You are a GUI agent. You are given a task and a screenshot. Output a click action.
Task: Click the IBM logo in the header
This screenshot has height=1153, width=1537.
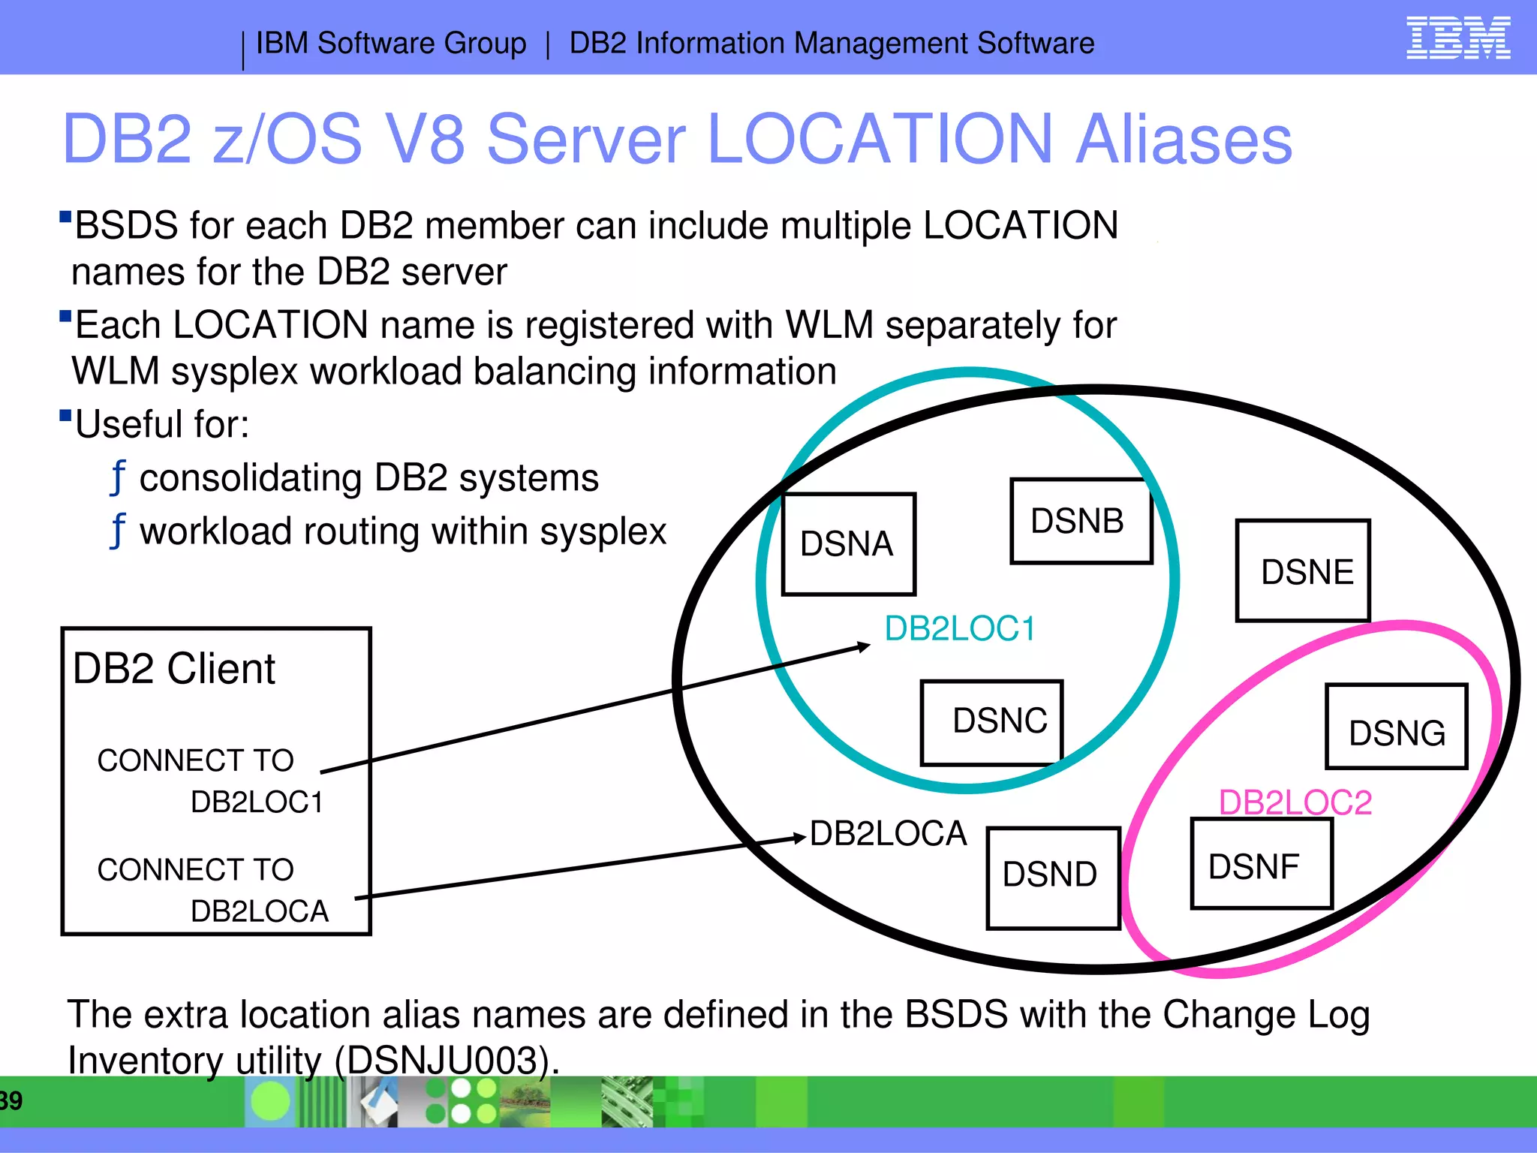click(1457, 38)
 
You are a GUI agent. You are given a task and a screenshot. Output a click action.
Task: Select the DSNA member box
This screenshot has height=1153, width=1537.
click(849, 544)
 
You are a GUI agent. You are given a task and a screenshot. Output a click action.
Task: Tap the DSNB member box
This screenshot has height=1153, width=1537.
click(1081, 521)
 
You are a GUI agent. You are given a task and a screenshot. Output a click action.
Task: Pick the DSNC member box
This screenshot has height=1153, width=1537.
click(991, 722)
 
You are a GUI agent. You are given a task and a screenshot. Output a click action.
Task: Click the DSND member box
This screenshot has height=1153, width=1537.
click(1053, 878)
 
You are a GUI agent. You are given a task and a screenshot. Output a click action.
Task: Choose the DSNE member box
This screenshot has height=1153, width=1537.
click(1303, 571)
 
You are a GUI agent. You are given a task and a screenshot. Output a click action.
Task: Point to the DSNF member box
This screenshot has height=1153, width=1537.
click(1262, 865)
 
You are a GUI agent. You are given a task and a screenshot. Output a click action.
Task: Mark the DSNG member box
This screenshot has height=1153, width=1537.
click(1396, 727)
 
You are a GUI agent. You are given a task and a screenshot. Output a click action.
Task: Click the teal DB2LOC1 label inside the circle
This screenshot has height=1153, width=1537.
click(960, 629)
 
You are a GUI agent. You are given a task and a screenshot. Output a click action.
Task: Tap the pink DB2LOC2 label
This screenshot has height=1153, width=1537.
click(1295, 802)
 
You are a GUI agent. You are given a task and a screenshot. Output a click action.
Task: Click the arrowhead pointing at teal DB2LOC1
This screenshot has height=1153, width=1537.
click(865, 646)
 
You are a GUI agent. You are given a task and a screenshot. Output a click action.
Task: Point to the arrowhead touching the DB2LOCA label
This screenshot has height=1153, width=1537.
click(801, 838)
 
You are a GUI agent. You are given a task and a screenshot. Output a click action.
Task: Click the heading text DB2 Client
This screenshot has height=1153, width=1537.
click(174, 669)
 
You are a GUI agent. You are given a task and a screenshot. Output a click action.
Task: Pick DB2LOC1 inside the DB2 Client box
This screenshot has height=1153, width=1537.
click(257, 802)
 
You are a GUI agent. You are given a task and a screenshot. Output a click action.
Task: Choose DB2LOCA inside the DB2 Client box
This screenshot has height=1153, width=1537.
click(260, 911)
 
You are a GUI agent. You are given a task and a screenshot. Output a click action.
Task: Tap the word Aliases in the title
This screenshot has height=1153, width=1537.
click(1184, 140)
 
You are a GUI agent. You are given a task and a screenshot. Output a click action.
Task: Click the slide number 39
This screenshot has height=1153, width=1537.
click(11, 1101)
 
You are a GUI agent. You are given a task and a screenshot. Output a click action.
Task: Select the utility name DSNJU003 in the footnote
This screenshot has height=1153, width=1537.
click(444, 1061)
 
